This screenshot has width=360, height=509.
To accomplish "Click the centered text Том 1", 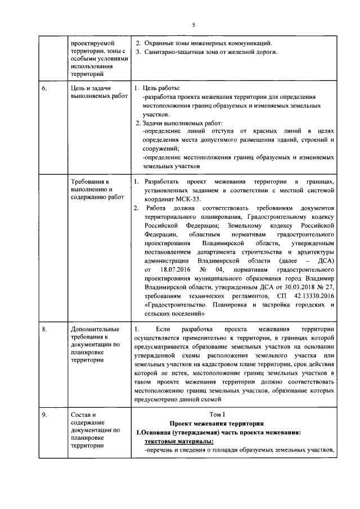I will coord(232,415).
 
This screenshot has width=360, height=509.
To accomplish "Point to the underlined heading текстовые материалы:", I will coord(173,441).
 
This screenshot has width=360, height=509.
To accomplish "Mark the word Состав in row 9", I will coord(80,416).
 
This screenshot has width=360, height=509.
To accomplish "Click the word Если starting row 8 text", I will coord(163,328).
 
